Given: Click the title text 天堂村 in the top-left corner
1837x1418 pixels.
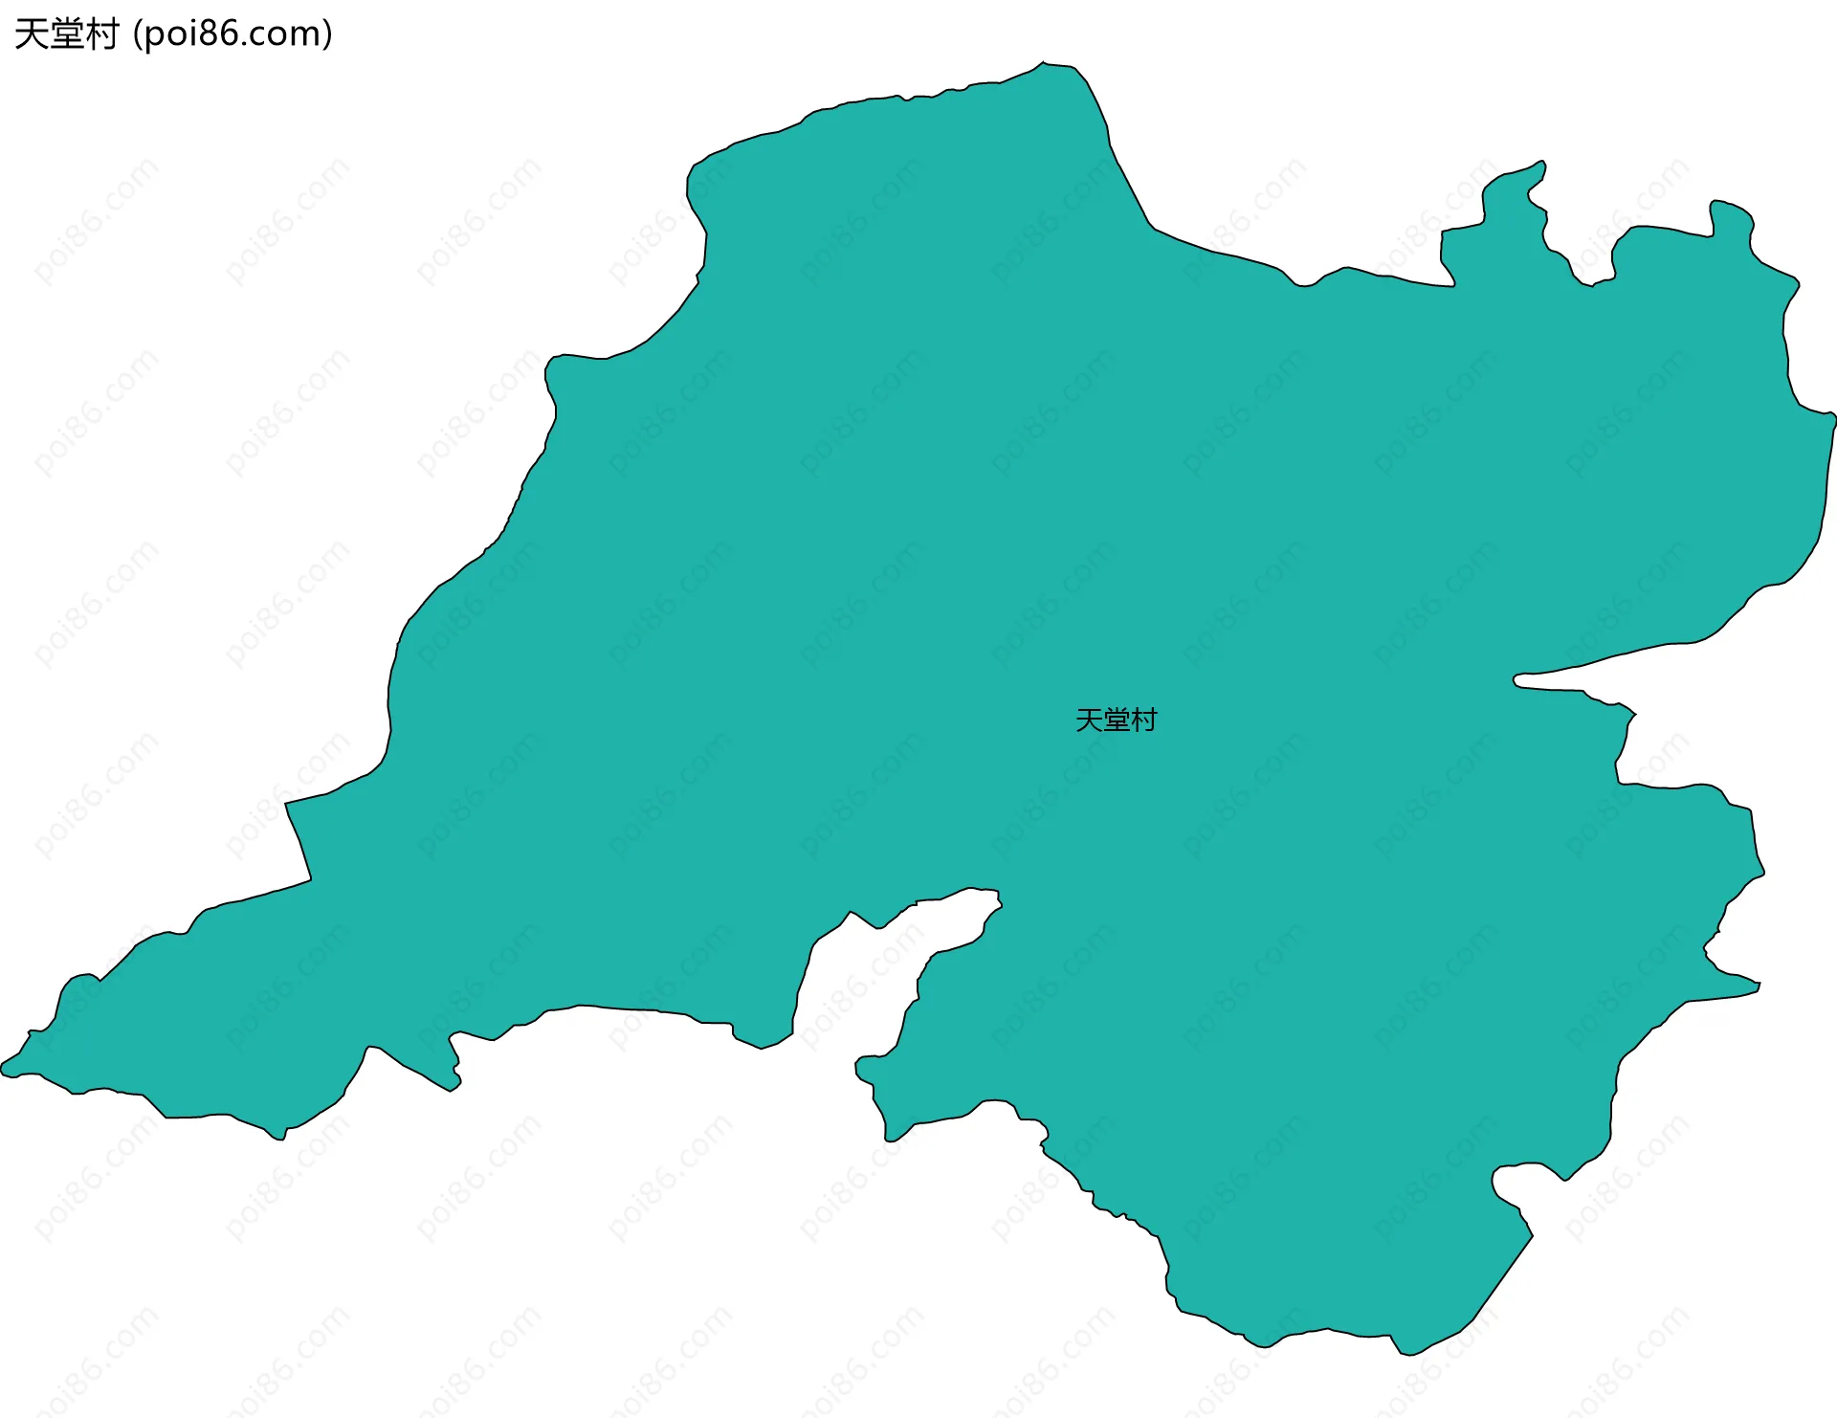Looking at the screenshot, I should coord(66,34).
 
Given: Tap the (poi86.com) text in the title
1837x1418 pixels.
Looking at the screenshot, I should coord(232,34).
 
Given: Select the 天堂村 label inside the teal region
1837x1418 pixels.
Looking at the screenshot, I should coord(1116,720).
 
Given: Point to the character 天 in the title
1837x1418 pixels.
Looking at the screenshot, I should coord(32,34).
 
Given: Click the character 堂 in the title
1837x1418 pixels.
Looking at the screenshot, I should coord(66,34).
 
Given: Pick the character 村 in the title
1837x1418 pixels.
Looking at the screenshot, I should coord(101,34).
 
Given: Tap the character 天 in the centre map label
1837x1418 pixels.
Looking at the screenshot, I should coord(1089,720).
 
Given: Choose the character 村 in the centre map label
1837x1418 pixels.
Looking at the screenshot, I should coord(1143,720).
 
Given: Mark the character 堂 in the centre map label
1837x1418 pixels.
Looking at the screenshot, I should coord(1116,720).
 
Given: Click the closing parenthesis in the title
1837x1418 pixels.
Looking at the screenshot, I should coord(327,34).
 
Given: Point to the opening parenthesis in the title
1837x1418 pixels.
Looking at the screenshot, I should coord(138,34).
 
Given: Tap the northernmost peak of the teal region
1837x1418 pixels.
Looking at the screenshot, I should coord(1044,63).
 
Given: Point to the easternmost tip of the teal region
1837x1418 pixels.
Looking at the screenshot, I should coord(1833,416).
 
